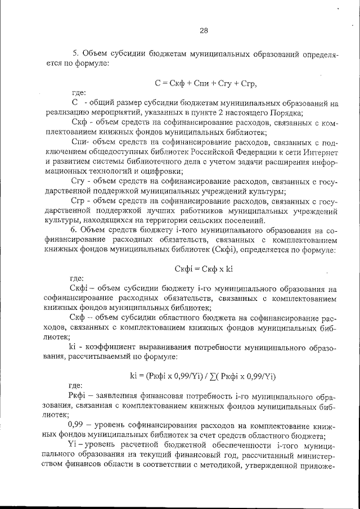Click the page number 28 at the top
[204, 30]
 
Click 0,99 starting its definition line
[77, 426]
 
